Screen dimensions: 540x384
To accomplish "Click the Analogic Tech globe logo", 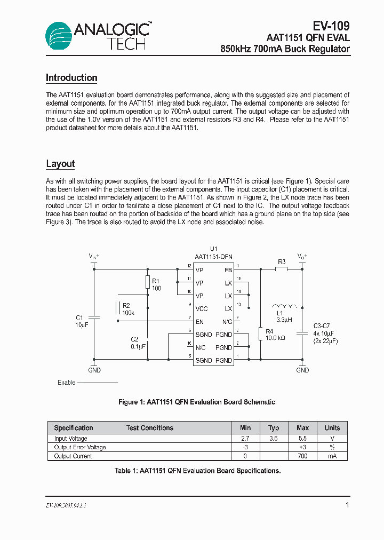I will click(59, 36).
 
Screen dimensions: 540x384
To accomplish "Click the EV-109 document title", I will click(331, 26).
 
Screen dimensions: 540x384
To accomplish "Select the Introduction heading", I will click(71, 78).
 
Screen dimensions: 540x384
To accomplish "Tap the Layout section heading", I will click(60, 164).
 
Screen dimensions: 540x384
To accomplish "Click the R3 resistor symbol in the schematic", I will click(282, 269).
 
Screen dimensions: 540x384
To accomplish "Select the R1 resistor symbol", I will click(148, 283).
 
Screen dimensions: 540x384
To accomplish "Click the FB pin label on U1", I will click(228, 270).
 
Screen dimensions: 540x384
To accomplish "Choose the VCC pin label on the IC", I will click(202, 309).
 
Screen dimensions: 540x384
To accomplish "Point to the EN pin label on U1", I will click(199, 322).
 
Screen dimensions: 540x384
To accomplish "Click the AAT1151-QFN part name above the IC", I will click(213, 257).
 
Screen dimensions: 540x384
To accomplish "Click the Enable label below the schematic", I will click(66, 383).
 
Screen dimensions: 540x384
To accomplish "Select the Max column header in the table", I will click(302, 428).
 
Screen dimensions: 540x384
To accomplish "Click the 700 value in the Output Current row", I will click(302, 456).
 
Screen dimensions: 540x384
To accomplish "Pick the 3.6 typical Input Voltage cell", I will click(274, 438).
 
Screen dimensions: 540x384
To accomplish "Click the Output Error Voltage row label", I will click(80, 447).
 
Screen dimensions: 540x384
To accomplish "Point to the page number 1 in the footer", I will click(347, 505).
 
